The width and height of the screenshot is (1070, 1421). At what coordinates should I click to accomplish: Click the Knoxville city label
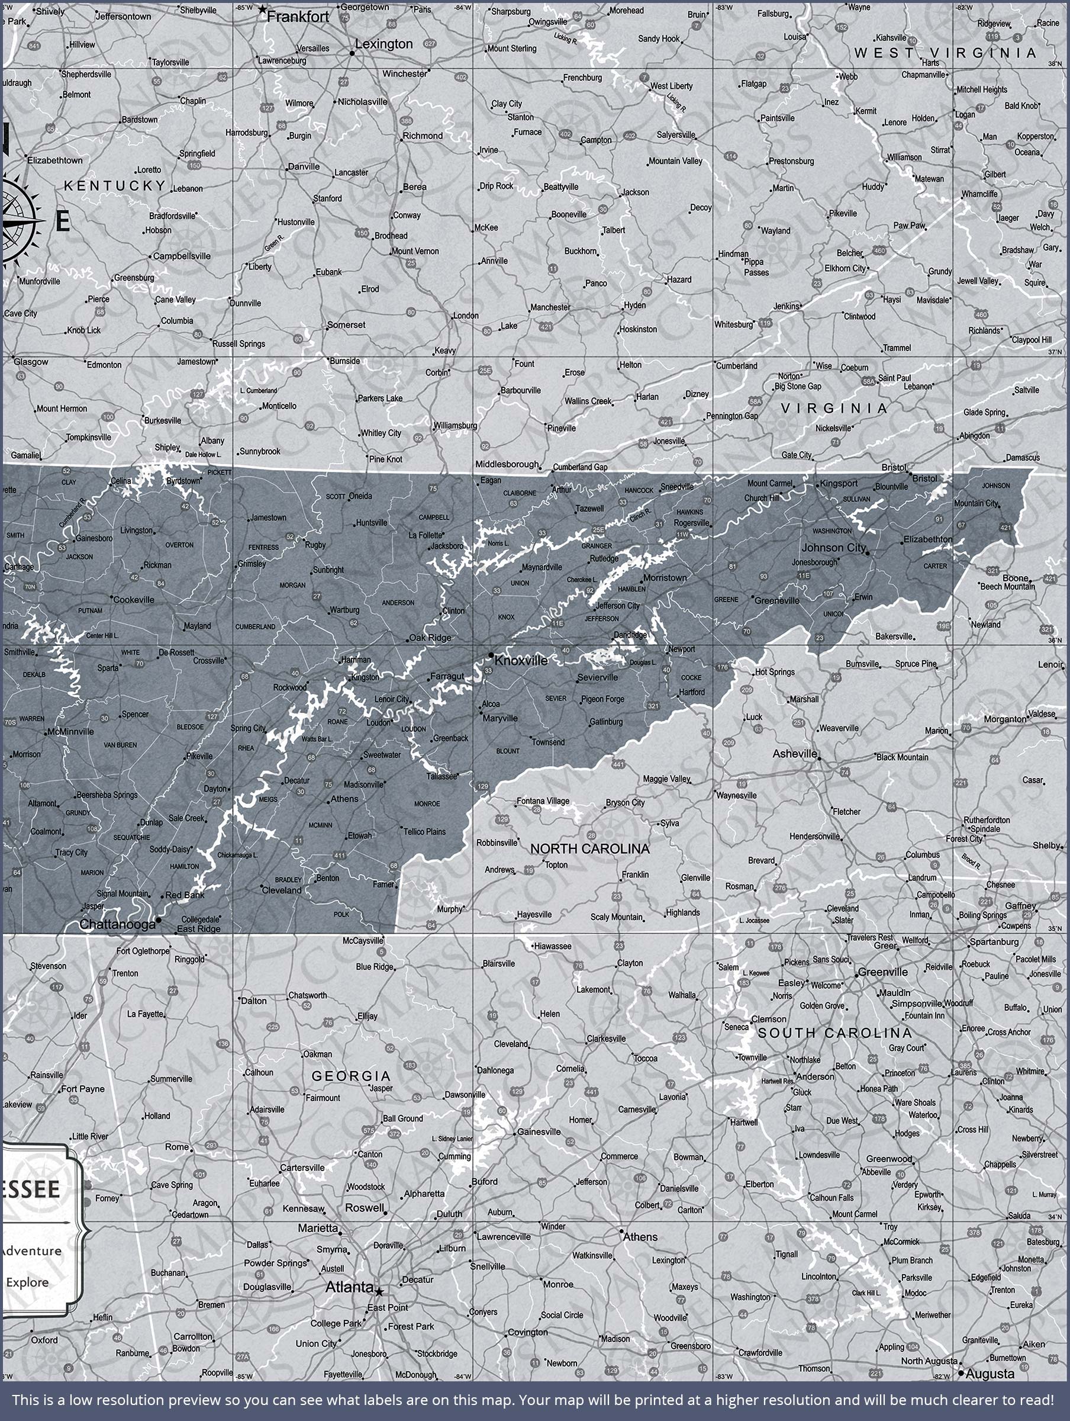click(521, 660)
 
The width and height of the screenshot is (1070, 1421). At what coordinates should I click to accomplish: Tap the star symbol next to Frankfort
click(262, 9)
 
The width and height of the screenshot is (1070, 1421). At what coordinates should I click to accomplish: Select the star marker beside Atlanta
click(379, 1291)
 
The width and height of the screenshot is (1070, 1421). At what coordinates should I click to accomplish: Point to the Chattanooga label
click(117, 924)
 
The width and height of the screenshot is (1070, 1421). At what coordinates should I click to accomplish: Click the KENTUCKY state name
click(115, 186)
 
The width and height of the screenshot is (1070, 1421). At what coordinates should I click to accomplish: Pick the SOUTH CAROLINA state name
click(834, 1033)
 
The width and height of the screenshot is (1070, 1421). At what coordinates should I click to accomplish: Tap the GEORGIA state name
click(351, 1075)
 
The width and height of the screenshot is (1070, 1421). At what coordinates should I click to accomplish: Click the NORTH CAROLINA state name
click(589, 848)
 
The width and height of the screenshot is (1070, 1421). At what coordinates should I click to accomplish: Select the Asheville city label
click(794, 754)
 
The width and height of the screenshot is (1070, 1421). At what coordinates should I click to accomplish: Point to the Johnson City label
click(833, 547)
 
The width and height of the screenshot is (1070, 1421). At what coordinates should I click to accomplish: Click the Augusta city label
click(990, 1374)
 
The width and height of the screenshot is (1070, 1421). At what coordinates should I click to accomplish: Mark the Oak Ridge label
click(430, 638)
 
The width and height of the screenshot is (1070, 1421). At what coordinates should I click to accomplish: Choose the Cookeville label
click(134, 599)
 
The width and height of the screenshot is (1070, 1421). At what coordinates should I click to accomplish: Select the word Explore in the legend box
click(27, 1282)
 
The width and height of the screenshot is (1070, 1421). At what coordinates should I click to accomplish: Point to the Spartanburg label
click(994, 942)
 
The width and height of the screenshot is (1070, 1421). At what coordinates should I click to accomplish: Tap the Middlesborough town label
click(507, 464)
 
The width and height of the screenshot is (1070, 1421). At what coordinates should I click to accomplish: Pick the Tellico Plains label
click(424, 831)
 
